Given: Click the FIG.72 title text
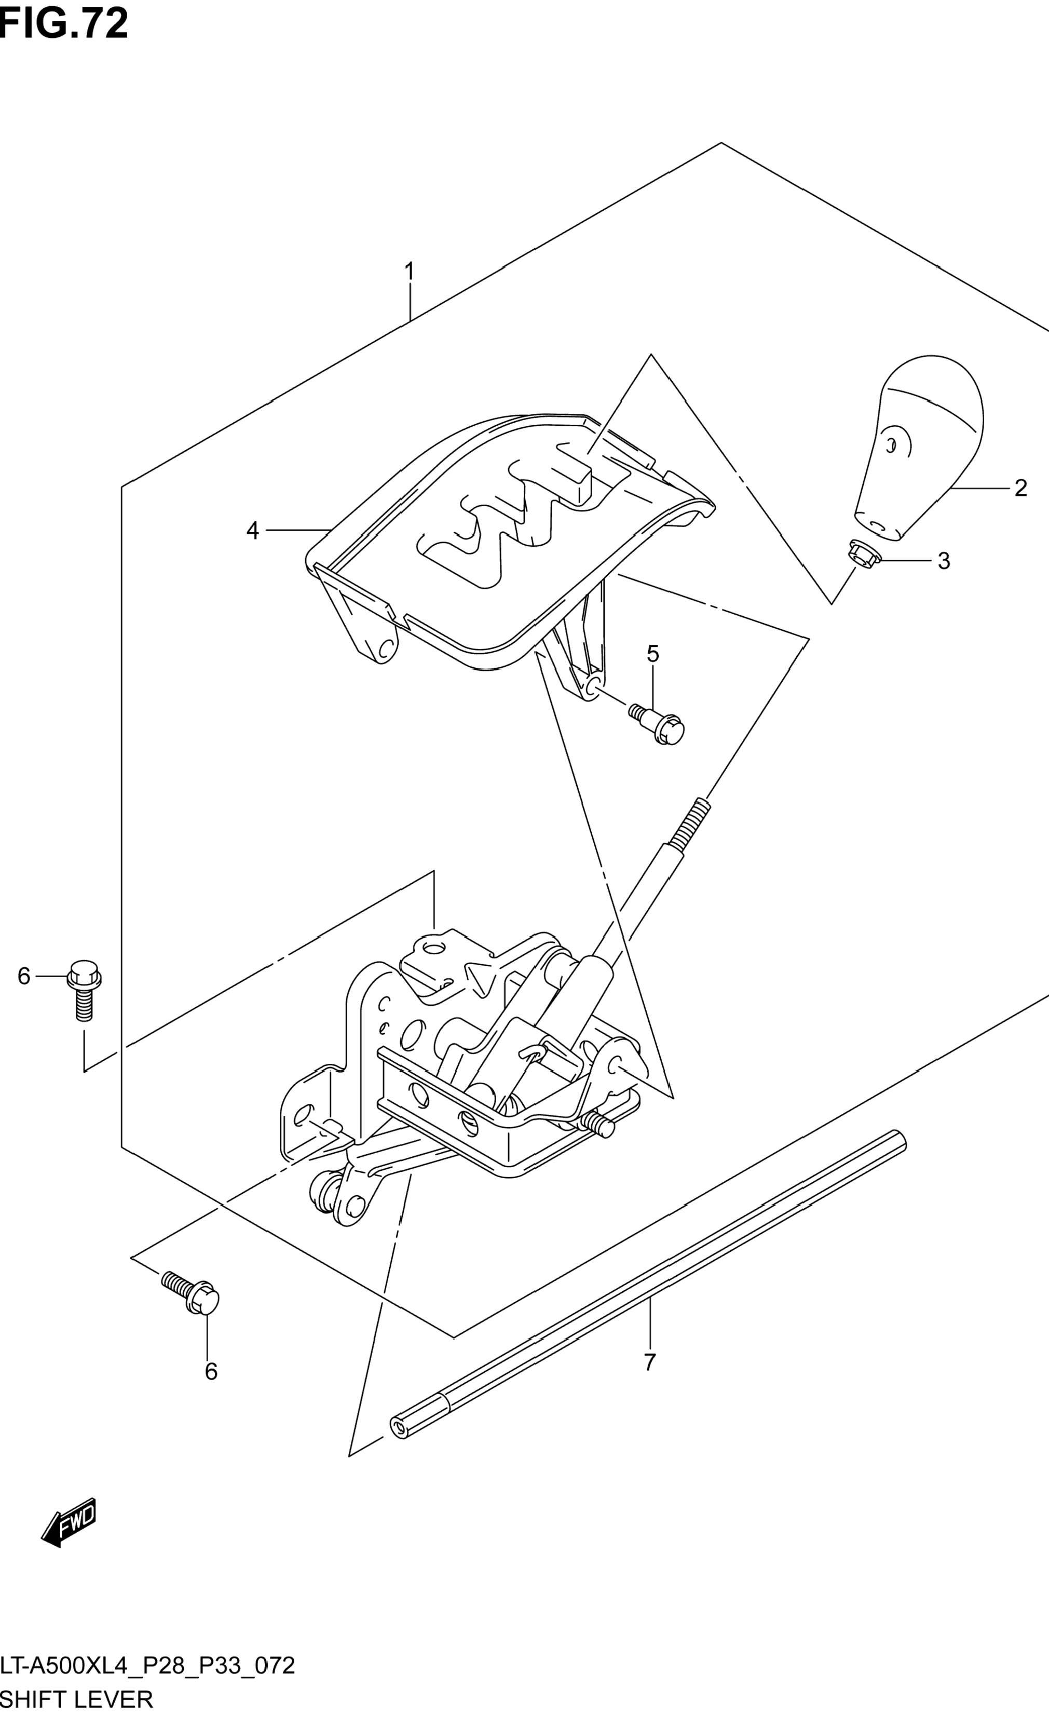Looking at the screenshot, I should click(64, 24).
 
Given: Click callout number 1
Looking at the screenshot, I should click(410, 271).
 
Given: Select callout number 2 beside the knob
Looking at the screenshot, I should click(1020, 488).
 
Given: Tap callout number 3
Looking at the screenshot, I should click(943, 561).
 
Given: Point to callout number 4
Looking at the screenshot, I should click(252, 531).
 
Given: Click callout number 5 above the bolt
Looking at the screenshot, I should click(652, 654).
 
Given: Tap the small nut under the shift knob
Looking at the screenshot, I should click(863, 552).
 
